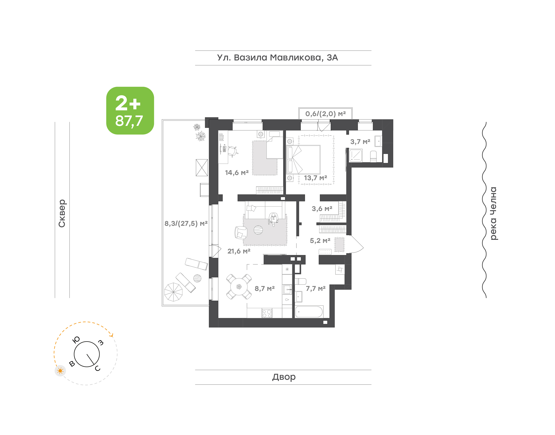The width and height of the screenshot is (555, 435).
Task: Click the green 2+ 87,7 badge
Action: click(x=130, y=110)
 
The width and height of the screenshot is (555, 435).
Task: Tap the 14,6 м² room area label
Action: click(x=237, y=173)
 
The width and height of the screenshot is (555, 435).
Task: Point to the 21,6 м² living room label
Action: click(x=239, y=251)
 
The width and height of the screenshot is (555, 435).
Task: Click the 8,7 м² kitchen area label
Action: click(x=265, y=289)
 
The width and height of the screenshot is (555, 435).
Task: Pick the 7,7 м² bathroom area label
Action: click(x=316, y=289)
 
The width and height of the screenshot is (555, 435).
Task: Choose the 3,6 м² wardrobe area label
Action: click(x=322, y=209)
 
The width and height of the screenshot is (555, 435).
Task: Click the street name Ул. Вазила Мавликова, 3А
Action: click(x=277, y=58)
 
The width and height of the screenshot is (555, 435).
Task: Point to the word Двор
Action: click(x=284, y=377)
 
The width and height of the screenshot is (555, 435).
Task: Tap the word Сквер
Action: click(x=62, y=213)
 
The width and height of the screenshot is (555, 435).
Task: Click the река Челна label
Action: click(x=493, y=213)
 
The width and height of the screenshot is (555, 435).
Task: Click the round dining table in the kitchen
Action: click(x=239, y=287)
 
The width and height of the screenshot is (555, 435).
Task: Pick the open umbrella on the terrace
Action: click(x=173, y=292)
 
